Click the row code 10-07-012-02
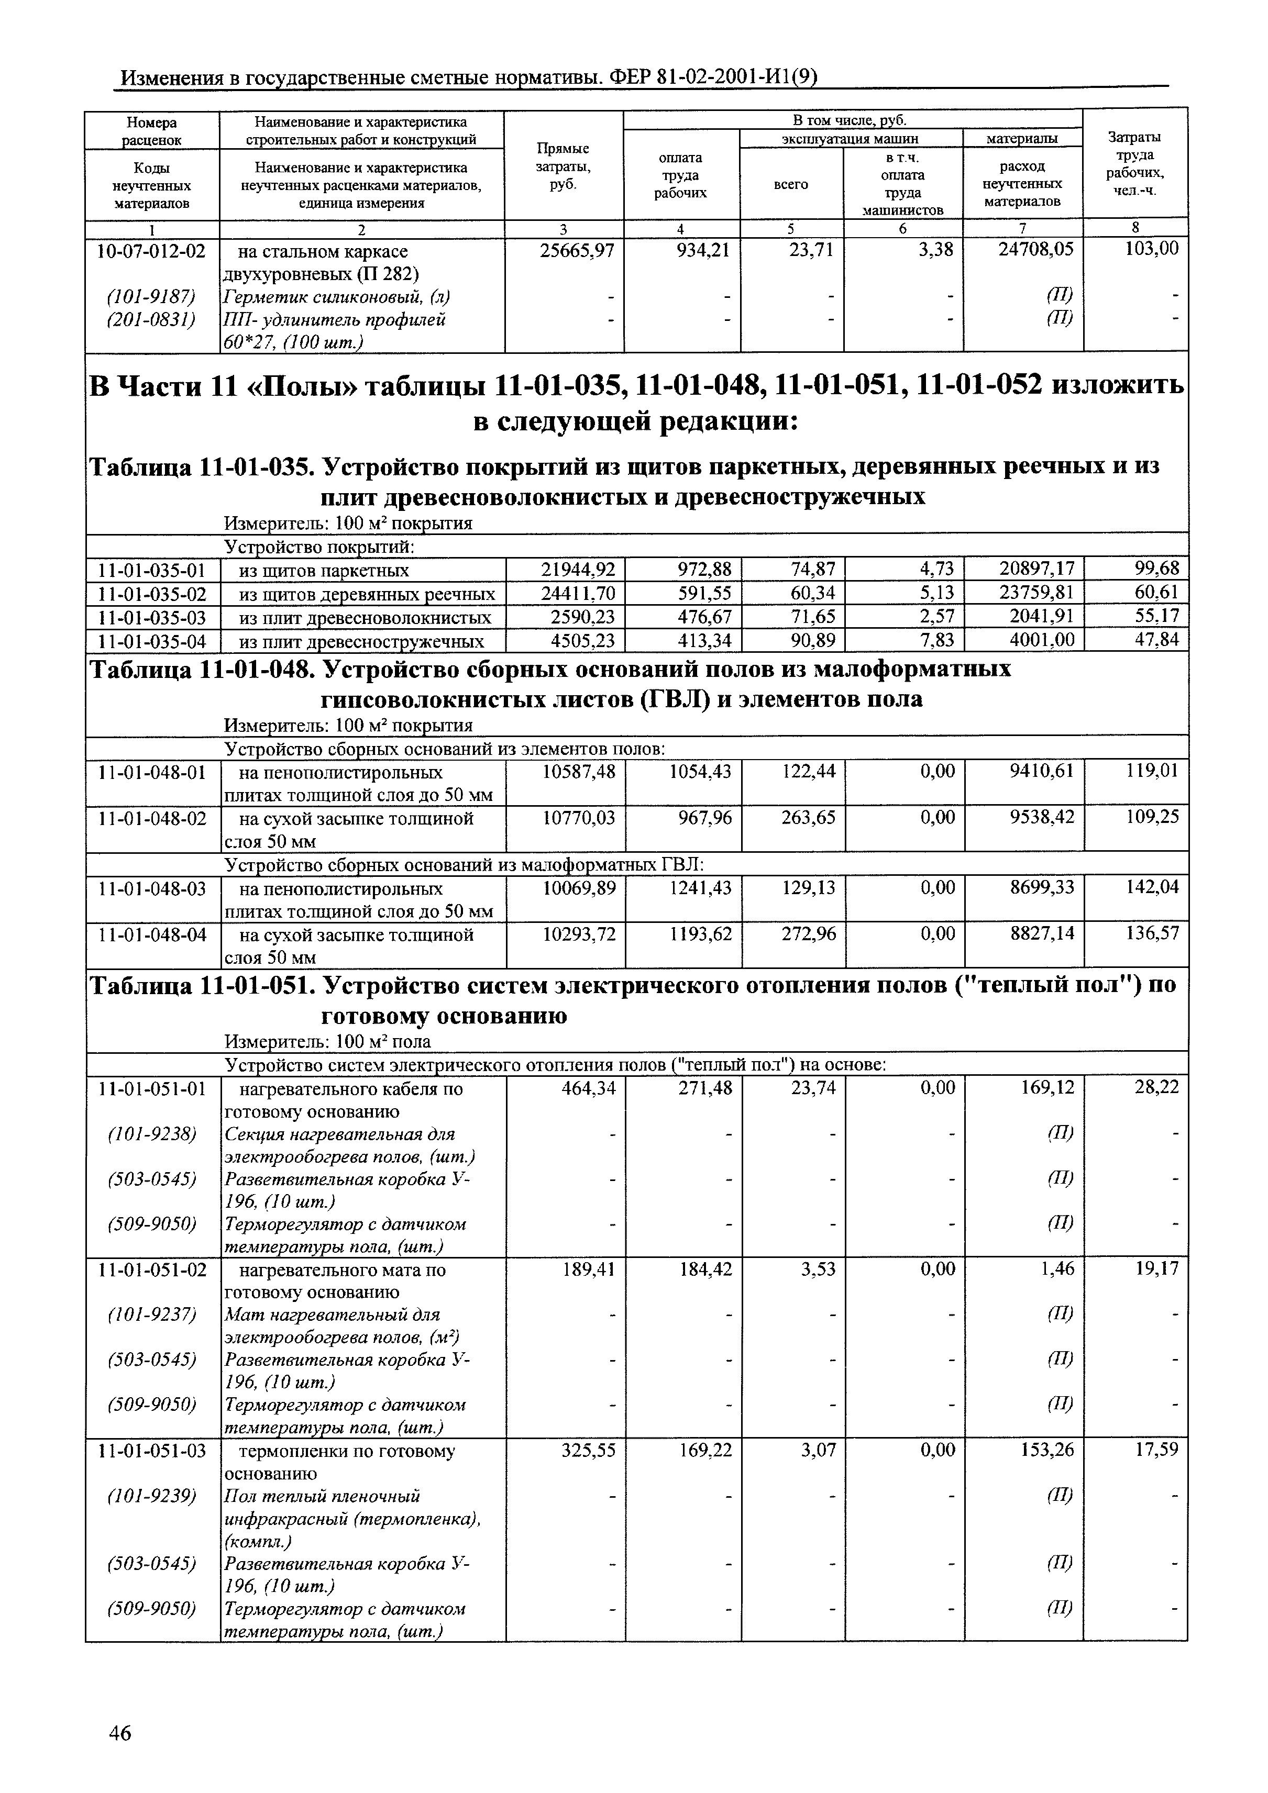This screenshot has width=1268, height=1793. click(x=151, y=251)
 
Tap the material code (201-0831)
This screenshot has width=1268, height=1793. click(x=151, y=319)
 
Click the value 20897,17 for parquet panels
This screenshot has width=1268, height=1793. click(x=1037, y=569)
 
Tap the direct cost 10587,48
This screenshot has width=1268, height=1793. click(x=578, y=772)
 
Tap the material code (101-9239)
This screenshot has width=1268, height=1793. click(x=151, y=1496)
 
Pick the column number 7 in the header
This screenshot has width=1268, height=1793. click(x=1021, y=229)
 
